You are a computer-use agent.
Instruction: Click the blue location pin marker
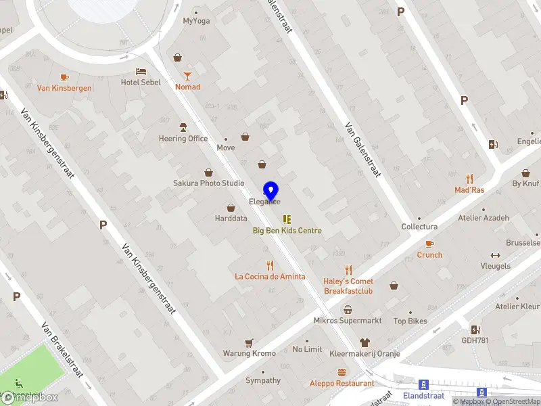[x=271, y=190]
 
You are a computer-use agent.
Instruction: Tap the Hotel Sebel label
[x=141, y=83]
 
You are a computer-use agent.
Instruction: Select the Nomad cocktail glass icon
[x=188, y=75]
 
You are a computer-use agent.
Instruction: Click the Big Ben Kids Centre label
[x=287, y=231]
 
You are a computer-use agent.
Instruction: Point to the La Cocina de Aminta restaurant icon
[x=270, y=265]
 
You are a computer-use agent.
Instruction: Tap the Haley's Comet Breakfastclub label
[x=348, y=286]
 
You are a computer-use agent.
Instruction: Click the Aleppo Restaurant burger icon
[x=342, y=372]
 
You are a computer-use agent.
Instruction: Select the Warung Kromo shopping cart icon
[x=249, y=343]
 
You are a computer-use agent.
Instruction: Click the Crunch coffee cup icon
[x=429, y=244]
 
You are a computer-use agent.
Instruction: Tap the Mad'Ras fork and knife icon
[x=469, y=179]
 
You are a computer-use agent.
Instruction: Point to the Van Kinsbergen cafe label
[x=64, y=88]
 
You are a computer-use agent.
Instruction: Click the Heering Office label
[x=183, y=139]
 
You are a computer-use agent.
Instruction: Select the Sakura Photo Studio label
[x=209, y=183]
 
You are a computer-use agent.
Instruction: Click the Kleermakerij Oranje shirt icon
[x=365, y=342]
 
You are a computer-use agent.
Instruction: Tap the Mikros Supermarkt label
[x=348, y=320]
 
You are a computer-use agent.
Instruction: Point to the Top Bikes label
[x=410, y=321]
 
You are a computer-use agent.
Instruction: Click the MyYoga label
[x=196, y=20]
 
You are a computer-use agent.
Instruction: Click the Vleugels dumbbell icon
[x=495, y=255]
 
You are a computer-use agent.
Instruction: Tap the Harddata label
[x=231, y=219]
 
